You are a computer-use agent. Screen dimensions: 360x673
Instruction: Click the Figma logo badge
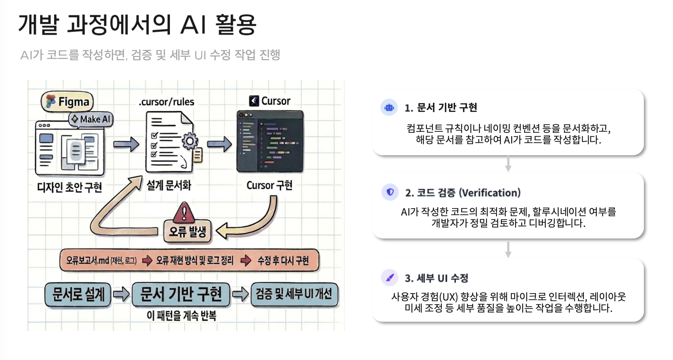click(x=67, y=101)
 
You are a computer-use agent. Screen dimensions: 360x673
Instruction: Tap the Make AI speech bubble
click(x=91, y=119)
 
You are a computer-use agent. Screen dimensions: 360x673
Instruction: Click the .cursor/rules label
click(x=166, y=102)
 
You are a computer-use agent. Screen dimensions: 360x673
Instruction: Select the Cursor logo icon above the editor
click(x=254, y=101)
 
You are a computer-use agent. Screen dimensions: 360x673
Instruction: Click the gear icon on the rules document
click(x=190, y=141)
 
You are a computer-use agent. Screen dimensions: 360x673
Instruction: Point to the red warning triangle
click(x=184, y=213)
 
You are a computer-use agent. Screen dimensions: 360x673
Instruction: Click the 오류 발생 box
click(x=187, y=231)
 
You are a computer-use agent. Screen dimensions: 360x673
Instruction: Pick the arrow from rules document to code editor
click(x=219, y=144)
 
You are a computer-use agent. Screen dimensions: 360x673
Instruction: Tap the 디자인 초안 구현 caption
click(x=69, y=187)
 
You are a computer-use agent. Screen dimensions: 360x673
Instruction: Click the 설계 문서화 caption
click(x=169, y=185)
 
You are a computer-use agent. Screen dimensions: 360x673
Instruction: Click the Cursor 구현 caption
click(x=269, y=185)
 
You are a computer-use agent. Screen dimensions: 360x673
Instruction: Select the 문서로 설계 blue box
click(x=78, y=294)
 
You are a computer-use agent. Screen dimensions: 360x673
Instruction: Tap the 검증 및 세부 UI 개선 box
click(x=294, y=294)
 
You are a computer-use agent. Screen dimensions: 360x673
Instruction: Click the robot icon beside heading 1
click(x=389, y=107)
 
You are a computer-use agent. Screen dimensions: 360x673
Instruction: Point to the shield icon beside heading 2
click(x=390, y=192)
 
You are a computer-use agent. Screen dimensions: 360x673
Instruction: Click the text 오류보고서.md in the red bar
click(x=88, y=260)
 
